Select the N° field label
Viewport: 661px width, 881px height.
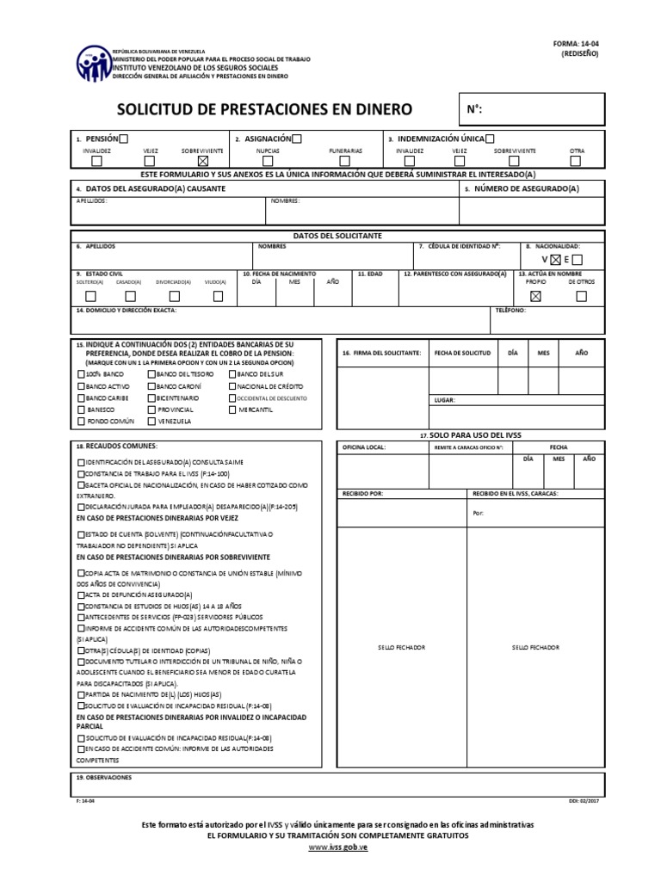point(474,109)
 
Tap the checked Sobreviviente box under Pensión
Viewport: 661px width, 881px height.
point(202,160)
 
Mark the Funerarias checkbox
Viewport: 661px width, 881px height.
point(345,160)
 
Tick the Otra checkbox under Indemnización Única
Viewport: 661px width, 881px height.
point(576,160)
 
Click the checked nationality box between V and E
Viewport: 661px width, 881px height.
point(556,259)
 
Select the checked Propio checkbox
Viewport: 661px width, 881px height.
point(536,296)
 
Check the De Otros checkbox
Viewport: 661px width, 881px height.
point(581,296)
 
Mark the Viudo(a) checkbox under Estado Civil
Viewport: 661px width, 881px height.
point(218,296)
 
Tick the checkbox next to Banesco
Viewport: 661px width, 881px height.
point(81,410)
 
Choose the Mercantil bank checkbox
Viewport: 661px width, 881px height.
point(233,410)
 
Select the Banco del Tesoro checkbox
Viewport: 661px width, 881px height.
point(152,375)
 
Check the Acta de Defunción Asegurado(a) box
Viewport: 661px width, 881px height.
point(81,595)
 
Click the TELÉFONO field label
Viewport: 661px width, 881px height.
point(510,311)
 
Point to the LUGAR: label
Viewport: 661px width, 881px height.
point(445,400)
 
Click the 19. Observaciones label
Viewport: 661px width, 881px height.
point(104,777)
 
